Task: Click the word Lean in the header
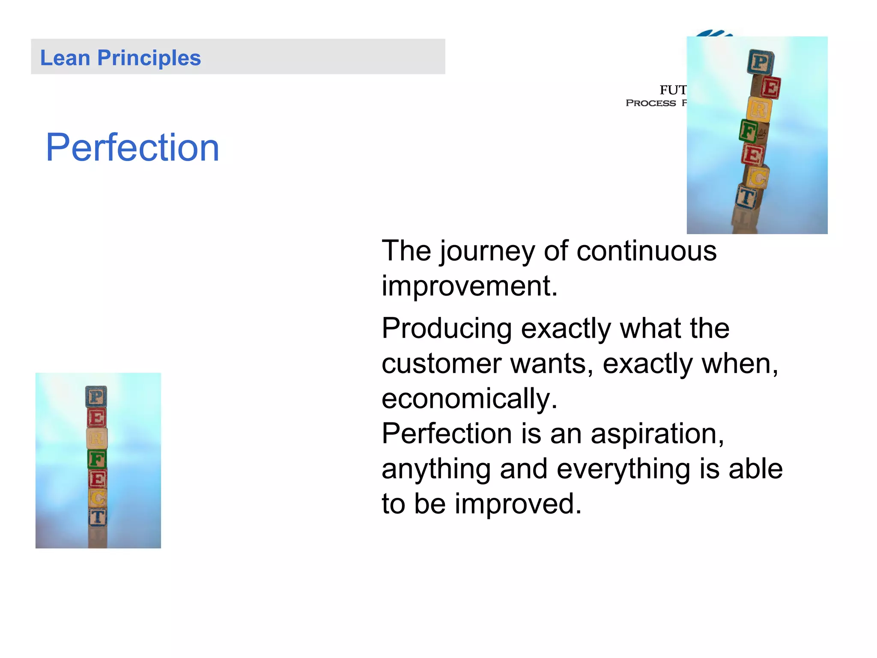(x=65, y=58)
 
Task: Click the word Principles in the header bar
(x=149, y=58)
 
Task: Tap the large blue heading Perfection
(x=132, y=147)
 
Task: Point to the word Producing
(x=447, y=329)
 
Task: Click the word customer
(x=441, y=364)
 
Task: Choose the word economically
(x=469, y=399)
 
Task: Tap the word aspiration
(x=657, y=434)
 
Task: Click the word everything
(x=623, y=469)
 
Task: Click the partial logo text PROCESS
(x=650, y=103)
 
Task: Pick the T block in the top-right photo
(x=747, y=197)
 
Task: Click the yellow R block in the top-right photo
(x=759, y=110)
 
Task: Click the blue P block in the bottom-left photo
(x=96, y=397)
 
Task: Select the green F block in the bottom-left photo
(x=97, y=459)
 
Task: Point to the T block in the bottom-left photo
(x=98, y=517)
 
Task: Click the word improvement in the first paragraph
(x=469, y=286)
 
